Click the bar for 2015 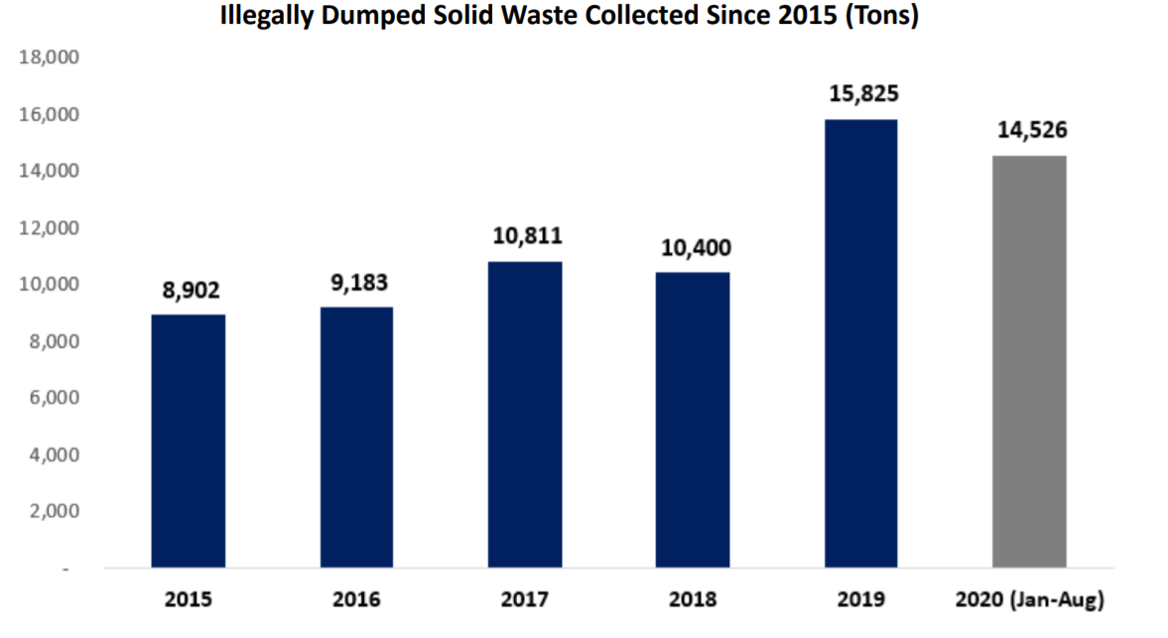(188, 442)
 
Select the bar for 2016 (356, 438)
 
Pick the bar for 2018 (693, 420)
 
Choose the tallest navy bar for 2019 (860, 344)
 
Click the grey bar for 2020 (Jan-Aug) (1029, 362)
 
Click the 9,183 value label (356, 283)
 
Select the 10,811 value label (527, 237)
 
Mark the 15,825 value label (862, 95)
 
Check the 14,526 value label (1030, 131)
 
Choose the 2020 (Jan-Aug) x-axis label (1029, 600)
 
